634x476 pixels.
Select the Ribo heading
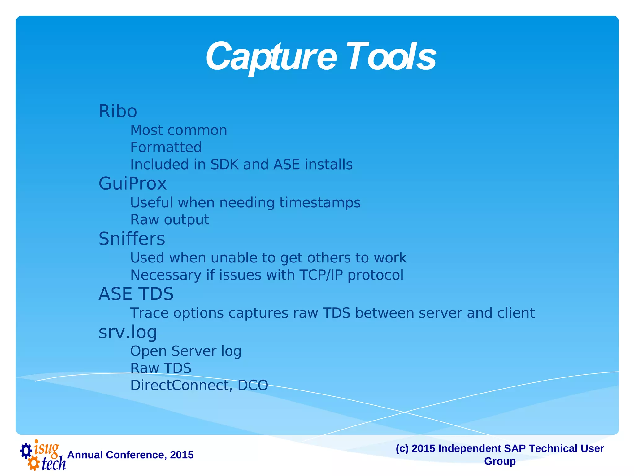(118, 111)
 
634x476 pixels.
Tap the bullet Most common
(179, 130)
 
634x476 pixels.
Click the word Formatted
(166, 147)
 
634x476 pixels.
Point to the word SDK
(224, 165)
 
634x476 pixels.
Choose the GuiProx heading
(132, 183)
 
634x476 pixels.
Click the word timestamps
(320, 203)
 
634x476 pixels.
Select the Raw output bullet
(170, 220)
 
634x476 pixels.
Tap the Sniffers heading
(132, 239)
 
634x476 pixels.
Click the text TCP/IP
(321, 275)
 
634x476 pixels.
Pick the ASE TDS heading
(136, 294)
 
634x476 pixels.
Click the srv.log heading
(128, 332)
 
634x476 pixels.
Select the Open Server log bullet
(186, 351)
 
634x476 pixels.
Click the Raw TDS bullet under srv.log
(161, 368)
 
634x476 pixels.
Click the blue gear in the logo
(26, 451)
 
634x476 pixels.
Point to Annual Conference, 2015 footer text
(130, 455)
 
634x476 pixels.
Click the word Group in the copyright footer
(500, 461)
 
